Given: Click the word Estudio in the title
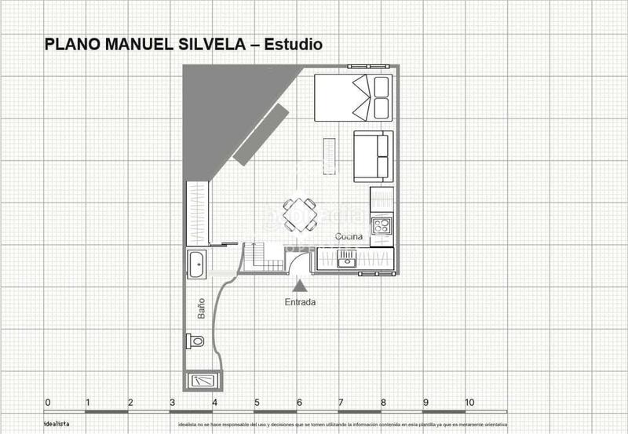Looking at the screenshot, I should tap(293, 45).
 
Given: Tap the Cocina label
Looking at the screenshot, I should tap(349, 237).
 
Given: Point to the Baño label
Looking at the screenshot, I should tap(201, 307).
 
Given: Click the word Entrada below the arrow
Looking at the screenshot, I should tap(301, 302).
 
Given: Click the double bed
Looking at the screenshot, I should tap(352, 98).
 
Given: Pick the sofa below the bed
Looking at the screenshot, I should tap(371, 155).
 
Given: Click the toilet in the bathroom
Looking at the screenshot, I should tap(195, 341).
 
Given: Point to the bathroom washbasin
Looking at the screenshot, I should tap(197, 264).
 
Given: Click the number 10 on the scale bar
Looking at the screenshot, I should tap(469, 403).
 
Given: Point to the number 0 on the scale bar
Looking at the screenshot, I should tap(48, 403).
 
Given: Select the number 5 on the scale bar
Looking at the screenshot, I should tap(257, 403).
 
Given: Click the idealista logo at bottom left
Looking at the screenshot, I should tap(57, 424).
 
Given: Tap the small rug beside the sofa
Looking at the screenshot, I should tap(330, 155).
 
